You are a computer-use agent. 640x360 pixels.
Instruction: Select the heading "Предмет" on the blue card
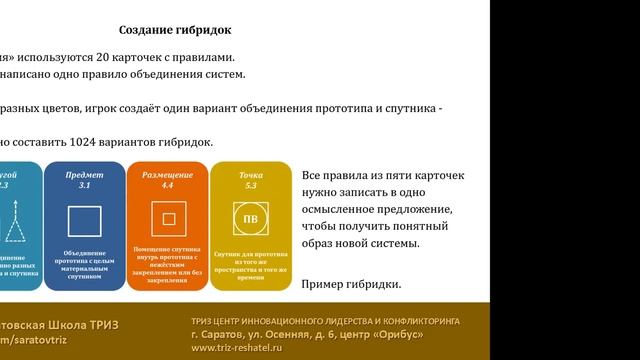(x=84, y=174)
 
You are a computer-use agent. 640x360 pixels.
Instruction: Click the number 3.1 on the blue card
(x=84, y=186)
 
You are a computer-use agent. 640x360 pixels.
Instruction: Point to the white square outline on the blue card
(x=83, y=221)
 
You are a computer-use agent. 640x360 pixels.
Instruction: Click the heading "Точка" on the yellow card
(x=251, y=174)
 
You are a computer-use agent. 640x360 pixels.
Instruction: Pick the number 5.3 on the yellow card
(x=251, y=186)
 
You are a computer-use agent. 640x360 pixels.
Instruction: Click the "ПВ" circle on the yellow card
(x=251, y=218)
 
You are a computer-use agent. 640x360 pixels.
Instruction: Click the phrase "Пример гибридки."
(x=351, y=285)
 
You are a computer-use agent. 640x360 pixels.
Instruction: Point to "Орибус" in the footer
(x=437, y=333)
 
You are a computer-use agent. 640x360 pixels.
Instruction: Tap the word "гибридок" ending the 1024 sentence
(x=185, y=142)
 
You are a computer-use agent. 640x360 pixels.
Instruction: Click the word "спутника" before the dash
(x=409, y=108)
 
